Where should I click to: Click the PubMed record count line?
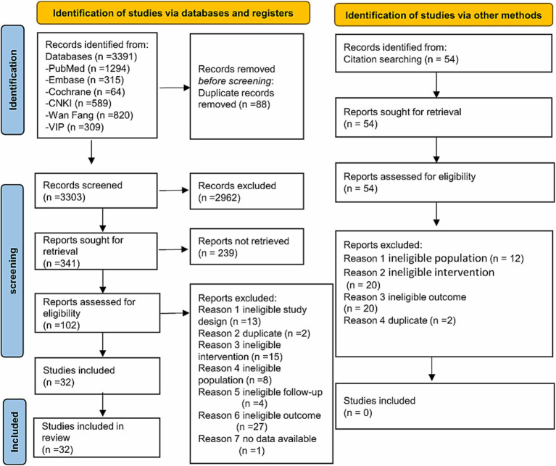(x=88, y=68)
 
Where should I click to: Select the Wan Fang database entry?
(x=89, y=115)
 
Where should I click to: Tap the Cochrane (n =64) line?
(x=85, y=92)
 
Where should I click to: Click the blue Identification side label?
(x=13, y=80)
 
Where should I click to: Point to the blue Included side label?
(x=14, y=432)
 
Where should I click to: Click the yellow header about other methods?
(x=443, y=15)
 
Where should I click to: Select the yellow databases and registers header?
(x=173, y=13)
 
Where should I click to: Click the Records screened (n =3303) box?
(x=96, y=191)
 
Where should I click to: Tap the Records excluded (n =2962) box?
(x=246, y=191)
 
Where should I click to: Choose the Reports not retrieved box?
(x=246, y=246)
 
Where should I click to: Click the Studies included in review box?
(x=96, y=438)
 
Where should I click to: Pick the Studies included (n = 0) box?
(x=444, y=406)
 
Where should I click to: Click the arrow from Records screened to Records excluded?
(x=174, y=191)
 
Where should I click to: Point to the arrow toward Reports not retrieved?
(x=173, y=249)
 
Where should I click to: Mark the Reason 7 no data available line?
(x=257, y=444)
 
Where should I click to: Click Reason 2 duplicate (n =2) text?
(x=254, y=333)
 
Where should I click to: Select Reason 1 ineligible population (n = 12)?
(x=433, y=258)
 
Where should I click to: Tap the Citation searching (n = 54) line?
(x=401, y=59)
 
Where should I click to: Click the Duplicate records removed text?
(x=236, y=99)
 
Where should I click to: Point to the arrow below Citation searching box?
(x=436, y=85)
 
